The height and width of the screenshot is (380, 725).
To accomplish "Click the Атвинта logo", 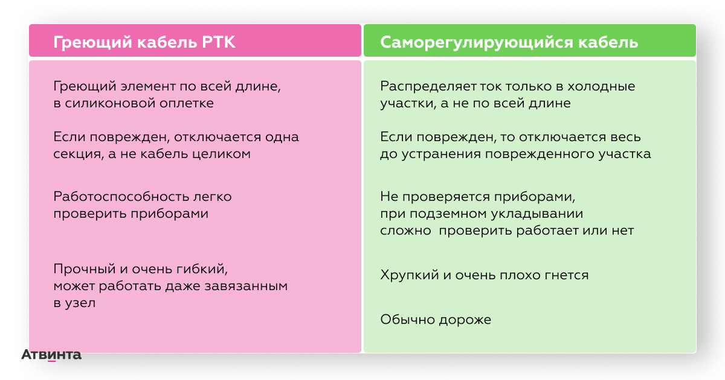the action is pyautogui.click(x=51, y=355).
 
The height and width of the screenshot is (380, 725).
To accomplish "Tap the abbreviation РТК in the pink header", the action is pyautogui.click(x=219, y=42).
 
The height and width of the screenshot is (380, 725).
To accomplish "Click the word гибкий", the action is pyautogui.click(x=203, y=269).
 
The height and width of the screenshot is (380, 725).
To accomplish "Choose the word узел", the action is pyautogui.click(x=80, y=303).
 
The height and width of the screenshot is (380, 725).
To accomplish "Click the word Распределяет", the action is pyautogui.click(x=428, y=86).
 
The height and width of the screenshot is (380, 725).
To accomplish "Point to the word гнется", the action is pyautogui.click(x=567, y=275).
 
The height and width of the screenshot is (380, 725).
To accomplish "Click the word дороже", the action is pyautogui.click(x=465, y=320).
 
